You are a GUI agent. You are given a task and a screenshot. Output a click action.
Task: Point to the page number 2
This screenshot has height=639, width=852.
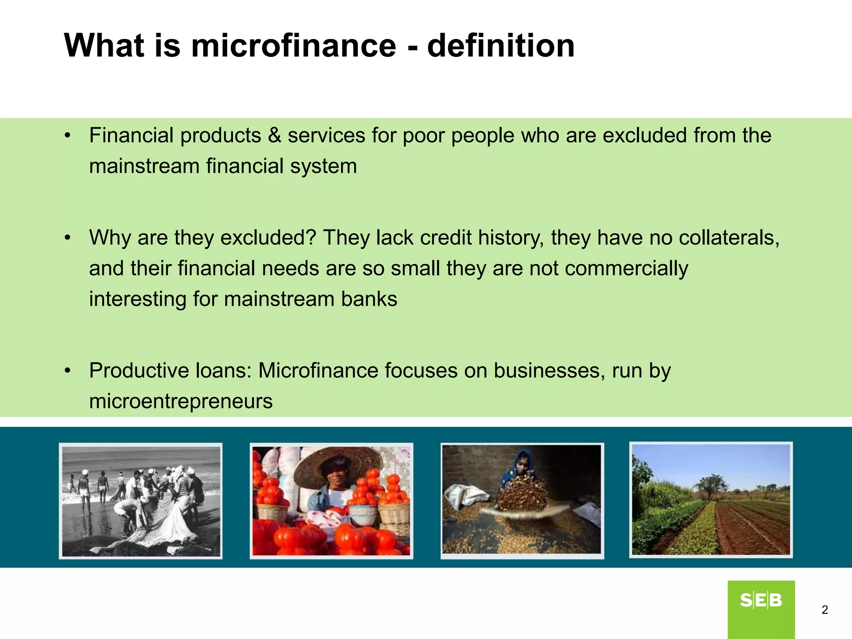[x=825, y=610]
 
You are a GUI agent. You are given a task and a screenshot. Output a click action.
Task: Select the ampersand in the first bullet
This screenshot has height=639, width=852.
[x=274, y=136]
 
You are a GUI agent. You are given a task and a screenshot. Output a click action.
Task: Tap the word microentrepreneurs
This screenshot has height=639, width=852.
[x=181, y=401]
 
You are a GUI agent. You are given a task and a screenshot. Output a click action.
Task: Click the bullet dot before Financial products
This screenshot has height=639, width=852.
[x=68, y=136]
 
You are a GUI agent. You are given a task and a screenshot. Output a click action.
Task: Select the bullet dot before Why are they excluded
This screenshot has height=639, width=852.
[x=68, y=238]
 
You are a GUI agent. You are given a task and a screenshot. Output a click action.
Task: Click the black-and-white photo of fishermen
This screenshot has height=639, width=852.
[x=141, y=501]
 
